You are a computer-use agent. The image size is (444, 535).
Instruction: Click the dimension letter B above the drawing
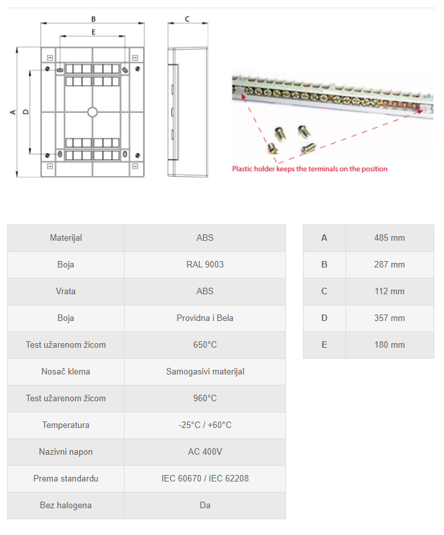93,19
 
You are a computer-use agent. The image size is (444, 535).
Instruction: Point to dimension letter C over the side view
187,19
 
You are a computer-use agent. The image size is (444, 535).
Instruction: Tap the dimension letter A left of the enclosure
12,112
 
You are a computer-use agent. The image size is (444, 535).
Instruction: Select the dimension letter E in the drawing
93,31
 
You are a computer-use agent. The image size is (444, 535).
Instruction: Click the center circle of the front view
93,112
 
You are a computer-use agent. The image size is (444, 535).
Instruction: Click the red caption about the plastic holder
309,169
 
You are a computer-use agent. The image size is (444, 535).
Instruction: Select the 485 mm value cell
389,238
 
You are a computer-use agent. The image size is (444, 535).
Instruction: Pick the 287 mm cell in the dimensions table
389,265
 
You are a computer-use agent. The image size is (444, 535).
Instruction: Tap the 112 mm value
389,292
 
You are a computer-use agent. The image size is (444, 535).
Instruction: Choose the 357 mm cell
389,318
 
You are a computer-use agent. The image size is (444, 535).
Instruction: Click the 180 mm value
389,345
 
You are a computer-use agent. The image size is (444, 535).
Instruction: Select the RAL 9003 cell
205,265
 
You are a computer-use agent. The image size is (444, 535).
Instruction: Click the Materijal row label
66,238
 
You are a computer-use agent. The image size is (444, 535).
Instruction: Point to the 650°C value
205,345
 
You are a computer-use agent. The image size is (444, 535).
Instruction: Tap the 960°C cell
205,399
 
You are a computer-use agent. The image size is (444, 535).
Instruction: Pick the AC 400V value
205,452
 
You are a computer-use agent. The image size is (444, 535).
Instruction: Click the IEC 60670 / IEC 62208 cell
205,479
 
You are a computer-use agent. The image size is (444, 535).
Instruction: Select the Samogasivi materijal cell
205,372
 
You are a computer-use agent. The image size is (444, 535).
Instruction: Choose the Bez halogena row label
66,506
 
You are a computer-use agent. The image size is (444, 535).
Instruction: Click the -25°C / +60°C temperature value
205,425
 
